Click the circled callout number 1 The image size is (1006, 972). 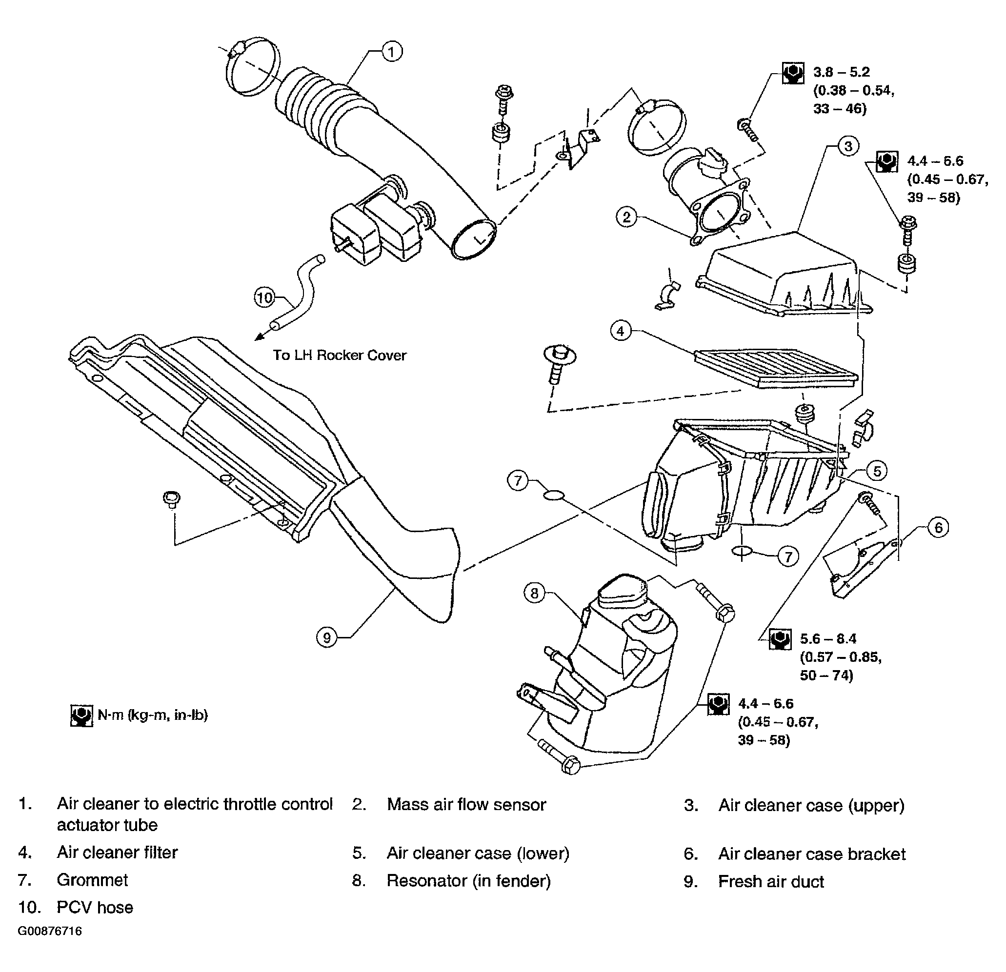tap(392, 52)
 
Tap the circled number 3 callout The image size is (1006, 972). tap(848, 146)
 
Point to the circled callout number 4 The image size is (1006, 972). tap(621, 331)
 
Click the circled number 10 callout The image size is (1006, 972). tap(265, 297)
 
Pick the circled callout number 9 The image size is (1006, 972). tap(327, 637)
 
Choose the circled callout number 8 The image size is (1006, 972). tap(534, 593)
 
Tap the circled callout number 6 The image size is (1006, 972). tap(939, 527)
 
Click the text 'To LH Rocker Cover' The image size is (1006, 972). tap(339, 355)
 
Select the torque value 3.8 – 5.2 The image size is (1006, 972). tap(841, 72)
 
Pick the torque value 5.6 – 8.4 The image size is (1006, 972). tap(828, 638)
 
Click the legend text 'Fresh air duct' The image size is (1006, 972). tap(771, 881)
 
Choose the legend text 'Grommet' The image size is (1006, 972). tap(92, 880)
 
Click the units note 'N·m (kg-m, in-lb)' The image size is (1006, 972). tap(152, 715)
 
